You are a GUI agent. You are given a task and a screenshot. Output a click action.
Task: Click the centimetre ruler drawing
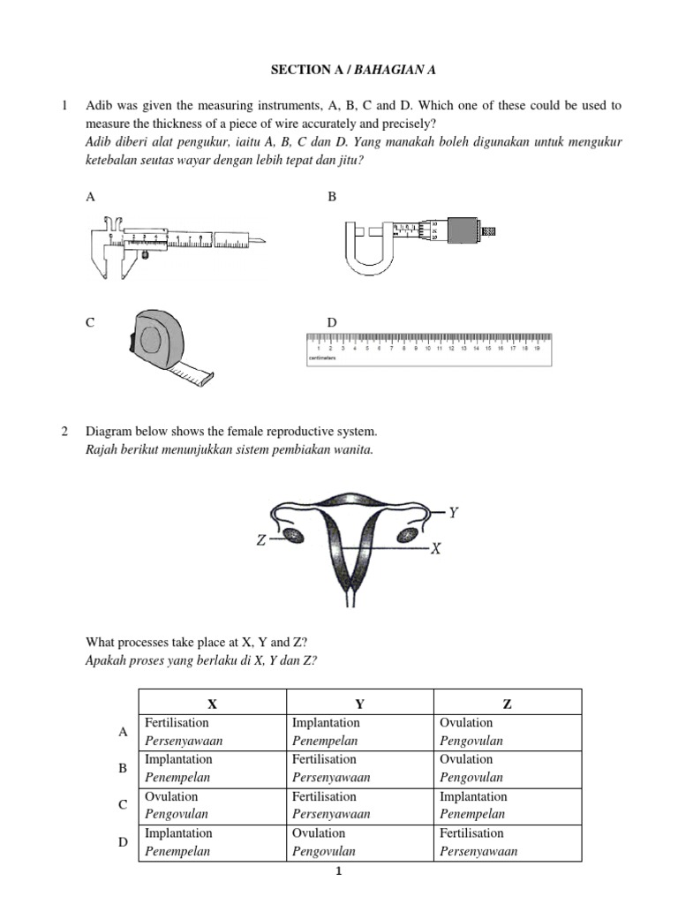point(428,349)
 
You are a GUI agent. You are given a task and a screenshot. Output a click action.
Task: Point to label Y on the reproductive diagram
point(454,511)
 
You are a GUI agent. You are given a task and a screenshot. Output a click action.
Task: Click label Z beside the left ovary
point(261,539)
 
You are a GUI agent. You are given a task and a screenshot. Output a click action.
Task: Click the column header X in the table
point(212,704)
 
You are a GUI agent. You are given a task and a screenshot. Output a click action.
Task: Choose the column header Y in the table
point(358,704)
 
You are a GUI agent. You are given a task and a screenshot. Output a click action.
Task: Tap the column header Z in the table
point(506,704)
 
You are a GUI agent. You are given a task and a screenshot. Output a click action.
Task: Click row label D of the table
point(123,842)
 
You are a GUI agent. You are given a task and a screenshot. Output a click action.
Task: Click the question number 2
point(64,432)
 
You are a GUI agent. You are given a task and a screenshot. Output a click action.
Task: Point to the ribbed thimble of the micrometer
point(463,230)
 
